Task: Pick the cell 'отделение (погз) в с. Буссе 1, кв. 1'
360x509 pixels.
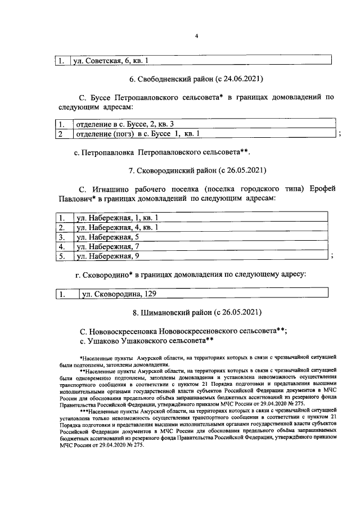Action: click(138, 133)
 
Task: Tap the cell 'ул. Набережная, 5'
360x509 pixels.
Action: click(107, 237)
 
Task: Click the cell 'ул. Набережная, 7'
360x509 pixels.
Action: click(107, 246)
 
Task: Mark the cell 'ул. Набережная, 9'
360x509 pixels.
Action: click(107, 256)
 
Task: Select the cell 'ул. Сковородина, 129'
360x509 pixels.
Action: click(119, 293)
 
